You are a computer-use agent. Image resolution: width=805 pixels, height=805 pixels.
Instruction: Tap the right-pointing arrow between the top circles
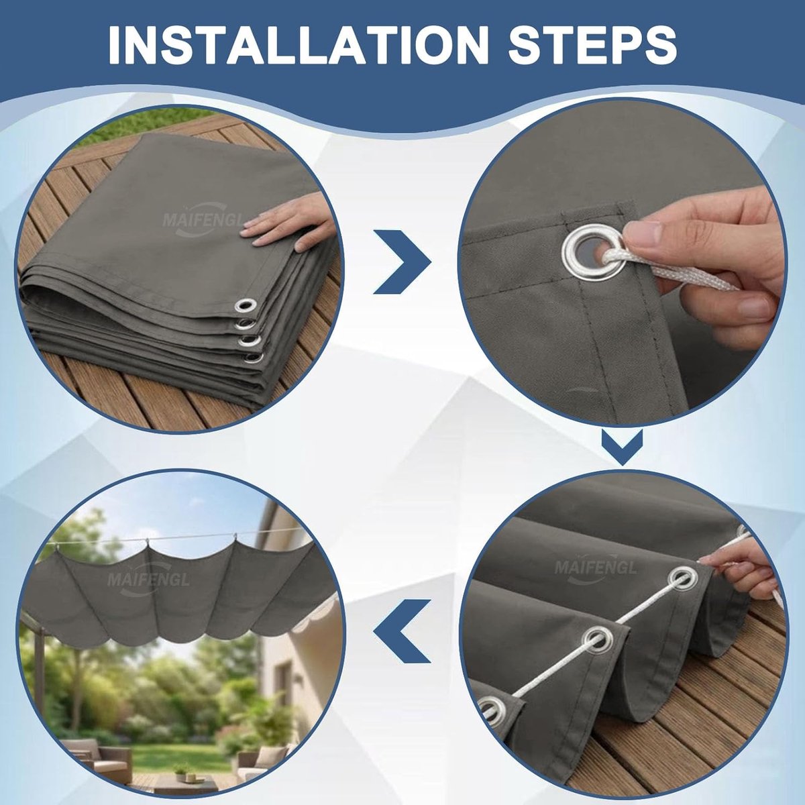(x=401, y=262)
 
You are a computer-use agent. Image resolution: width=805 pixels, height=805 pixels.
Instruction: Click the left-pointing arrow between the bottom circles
(x=401, y=631)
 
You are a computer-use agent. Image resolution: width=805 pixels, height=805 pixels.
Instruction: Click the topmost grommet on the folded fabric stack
(x=246, y=305)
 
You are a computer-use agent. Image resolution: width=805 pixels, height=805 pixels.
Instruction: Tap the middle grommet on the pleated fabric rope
(x=598, y=641)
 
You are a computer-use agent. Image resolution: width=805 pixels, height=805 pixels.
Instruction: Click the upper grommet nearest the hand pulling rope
(x=683, y=578)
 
